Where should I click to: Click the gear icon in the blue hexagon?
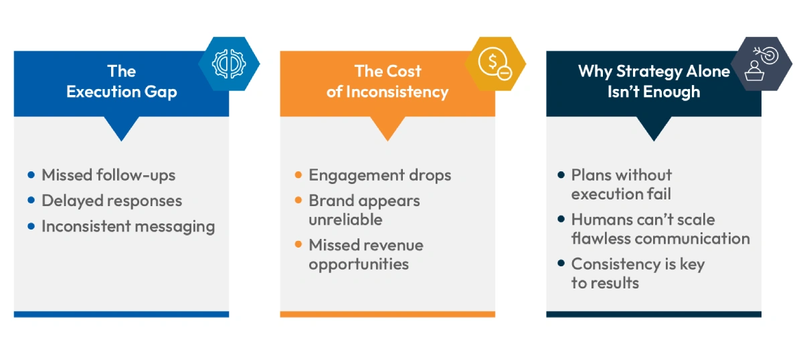click(229, 64)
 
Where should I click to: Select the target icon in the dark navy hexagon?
click(761, 64)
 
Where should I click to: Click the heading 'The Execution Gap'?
click(121, 82)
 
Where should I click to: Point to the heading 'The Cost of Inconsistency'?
click(387, 82)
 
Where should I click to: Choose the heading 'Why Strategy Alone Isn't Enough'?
click(653, 82)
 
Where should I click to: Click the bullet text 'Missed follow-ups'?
click(108, 175)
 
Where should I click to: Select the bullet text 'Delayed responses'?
click(112, 201)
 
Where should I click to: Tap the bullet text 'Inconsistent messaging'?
click(128, 226)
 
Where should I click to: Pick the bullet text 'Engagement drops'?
click(379, 175)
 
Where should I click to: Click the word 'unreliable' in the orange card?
click(345, 219)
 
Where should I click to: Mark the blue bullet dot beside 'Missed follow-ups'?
click(31, 175)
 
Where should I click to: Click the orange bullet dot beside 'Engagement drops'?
click(298, 175)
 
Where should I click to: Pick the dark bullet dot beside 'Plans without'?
click(561, 175)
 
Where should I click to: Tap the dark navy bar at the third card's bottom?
click(653, 314)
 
